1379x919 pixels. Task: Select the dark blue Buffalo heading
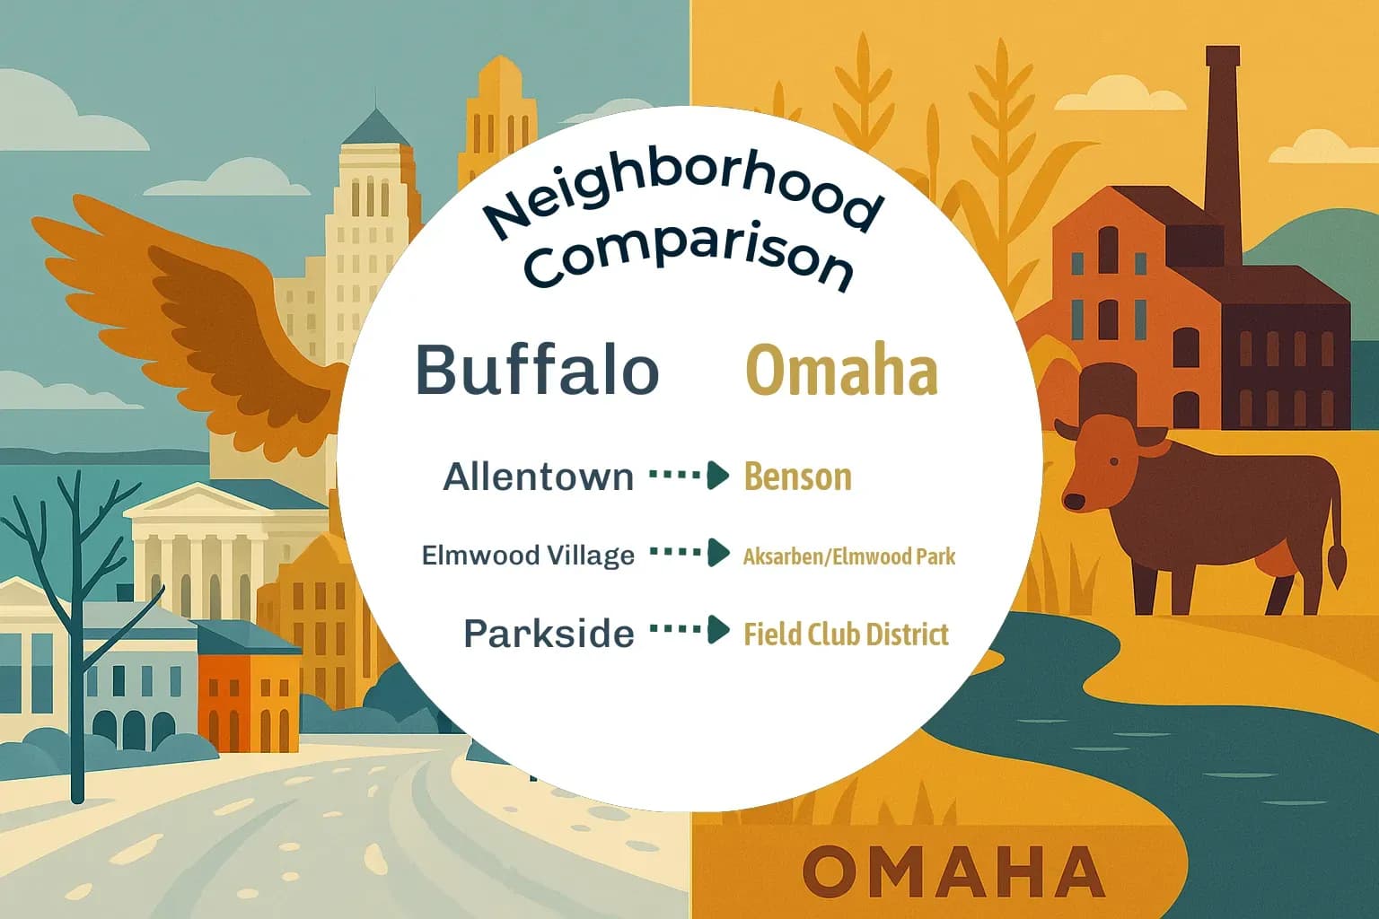coord(537,370)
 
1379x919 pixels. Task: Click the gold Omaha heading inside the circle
coord(842,371)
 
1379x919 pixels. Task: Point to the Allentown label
coord(539,477)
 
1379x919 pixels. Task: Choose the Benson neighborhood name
coord(797,477)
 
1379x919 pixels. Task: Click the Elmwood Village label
coord(528,556)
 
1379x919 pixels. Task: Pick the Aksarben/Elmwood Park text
coord(848,556)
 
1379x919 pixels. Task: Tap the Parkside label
coord(549,634)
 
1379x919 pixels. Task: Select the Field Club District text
coord(846,635)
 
